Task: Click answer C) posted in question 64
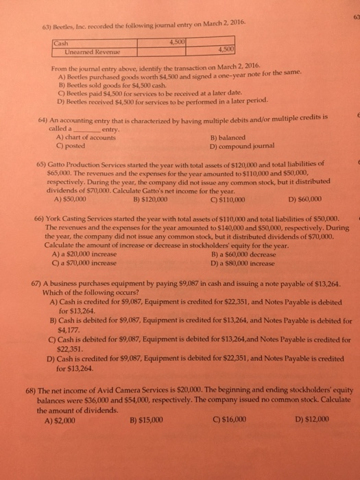point(66,165)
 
